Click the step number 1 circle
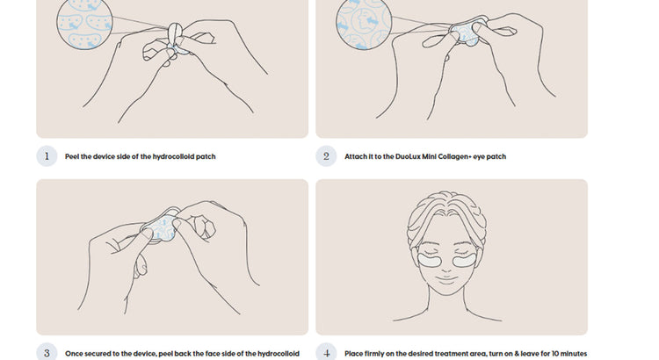click(47, 156)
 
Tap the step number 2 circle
click(326, 156)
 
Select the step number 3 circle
click(47, 353)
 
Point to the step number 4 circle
click(326, 353)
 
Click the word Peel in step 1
click(72, 156)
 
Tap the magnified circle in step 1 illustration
click(85, 23)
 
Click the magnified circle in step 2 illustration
click(364, 24)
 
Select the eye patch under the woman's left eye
click(465, 261)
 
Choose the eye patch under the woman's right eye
click(430, 261)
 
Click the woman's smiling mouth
click(446, 277)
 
